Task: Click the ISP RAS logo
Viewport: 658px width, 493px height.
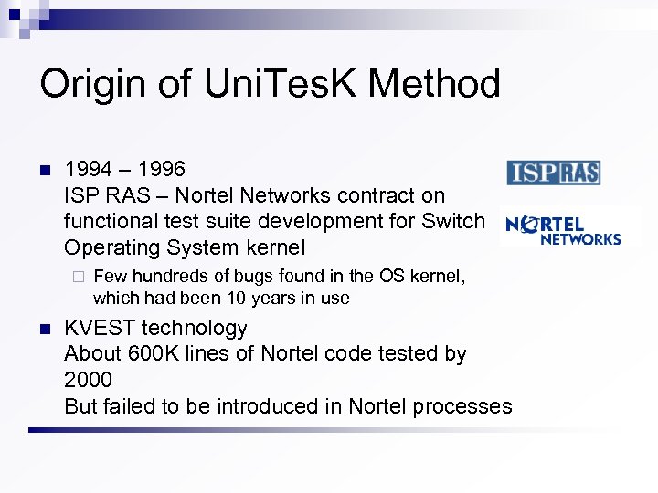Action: pos(553,173)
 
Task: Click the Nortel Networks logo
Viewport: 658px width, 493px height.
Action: pos(563,229)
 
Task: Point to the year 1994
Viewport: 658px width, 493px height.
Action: pos(88,169)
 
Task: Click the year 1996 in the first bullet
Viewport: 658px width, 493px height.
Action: pos(162,169)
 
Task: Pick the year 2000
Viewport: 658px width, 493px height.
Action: pos(88,379)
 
